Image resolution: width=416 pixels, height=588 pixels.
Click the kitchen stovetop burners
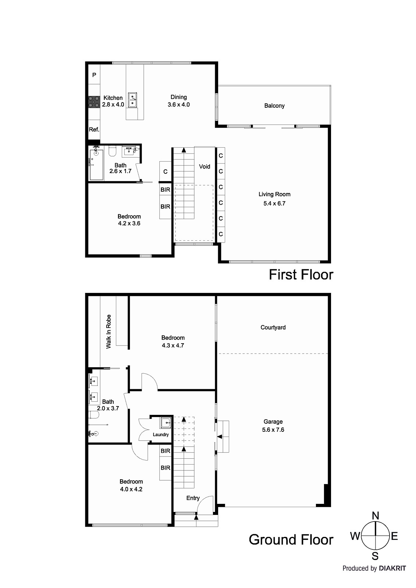pos(94,102)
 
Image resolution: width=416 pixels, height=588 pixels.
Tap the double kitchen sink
pos(133,100)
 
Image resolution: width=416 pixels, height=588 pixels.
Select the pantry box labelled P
pos(94,75)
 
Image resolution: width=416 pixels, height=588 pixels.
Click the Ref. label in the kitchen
pos(94,129)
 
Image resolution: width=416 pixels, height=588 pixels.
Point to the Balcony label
pos(274,106)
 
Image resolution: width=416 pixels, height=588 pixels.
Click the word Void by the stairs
pos(205,166)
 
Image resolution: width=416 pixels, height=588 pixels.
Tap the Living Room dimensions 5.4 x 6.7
pos(274,203)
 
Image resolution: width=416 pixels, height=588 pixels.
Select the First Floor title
pos(301,275)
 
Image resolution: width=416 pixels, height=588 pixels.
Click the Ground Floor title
pos(291,539)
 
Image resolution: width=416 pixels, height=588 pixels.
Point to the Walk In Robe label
pos(109,331)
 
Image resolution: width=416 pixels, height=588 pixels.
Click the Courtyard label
pos(273,327)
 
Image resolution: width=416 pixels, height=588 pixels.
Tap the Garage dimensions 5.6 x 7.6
pos(273,430)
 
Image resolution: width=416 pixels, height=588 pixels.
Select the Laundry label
pos(161,435)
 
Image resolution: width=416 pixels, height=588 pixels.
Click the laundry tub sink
pos(166,423)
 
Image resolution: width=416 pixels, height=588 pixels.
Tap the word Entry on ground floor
pos(193,498)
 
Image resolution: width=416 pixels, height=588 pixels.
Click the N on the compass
pos(375,516)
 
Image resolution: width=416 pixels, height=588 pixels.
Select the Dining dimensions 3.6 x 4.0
pos(179,105)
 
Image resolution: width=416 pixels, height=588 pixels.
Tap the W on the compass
pos(355,537)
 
